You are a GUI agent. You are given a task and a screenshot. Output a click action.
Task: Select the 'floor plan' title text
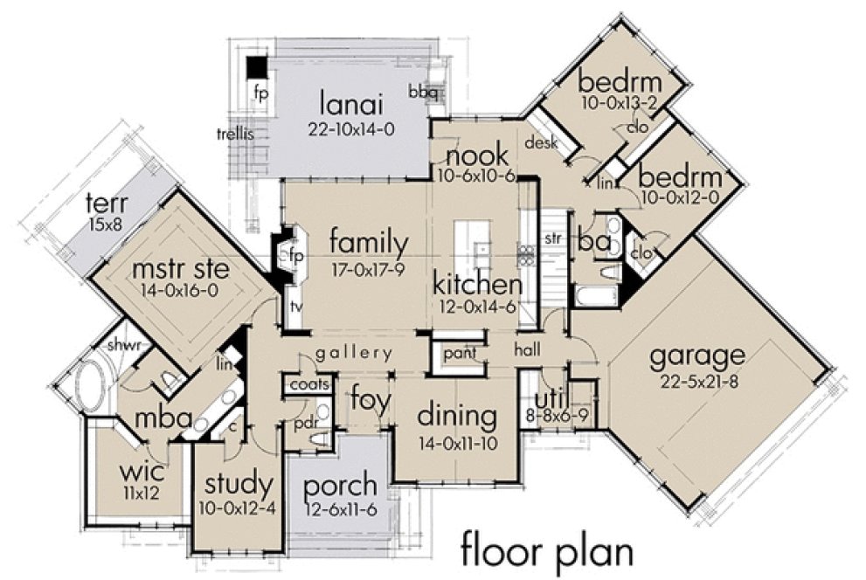coord(546,552)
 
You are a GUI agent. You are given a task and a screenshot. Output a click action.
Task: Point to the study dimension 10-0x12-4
coord(239,507)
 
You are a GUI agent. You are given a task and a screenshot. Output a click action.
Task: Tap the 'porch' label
coord(336,486)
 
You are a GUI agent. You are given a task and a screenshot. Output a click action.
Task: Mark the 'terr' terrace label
coord(107,204)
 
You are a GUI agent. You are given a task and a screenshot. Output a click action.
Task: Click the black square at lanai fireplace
coord(256,66)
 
